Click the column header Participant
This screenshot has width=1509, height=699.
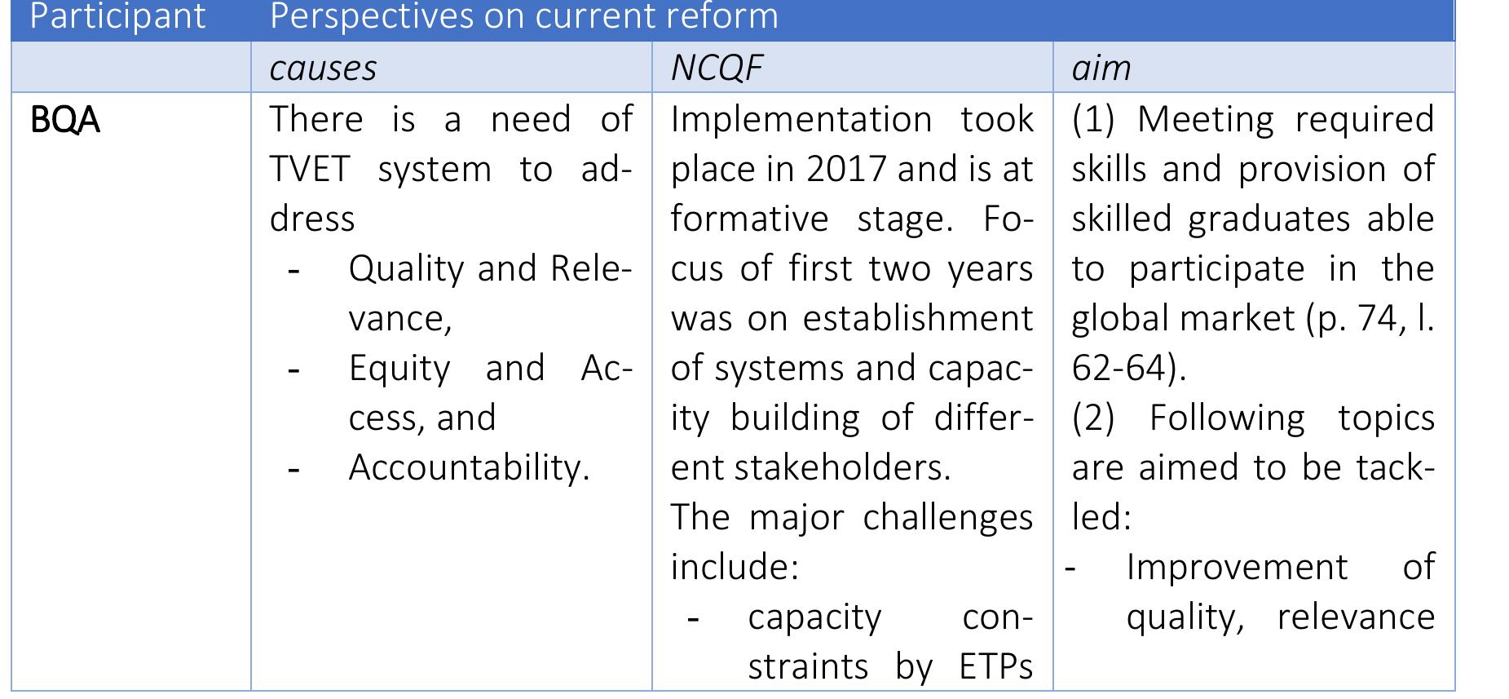pos(117,16)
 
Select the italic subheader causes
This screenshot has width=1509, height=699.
pos(323,68)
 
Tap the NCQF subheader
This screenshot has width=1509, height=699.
pos(716,68)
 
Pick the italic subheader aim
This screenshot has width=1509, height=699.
pos(1101,68)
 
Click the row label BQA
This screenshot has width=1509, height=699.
pos(64,121)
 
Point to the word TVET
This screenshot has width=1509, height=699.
pos(309,170)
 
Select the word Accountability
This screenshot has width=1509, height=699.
pos(468,467)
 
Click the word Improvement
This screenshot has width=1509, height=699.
pos(1237,567)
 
